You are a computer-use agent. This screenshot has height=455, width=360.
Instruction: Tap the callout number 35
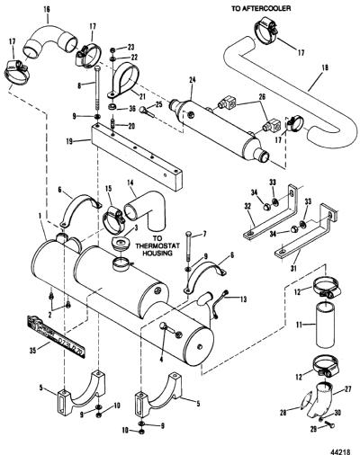tap(33, 350)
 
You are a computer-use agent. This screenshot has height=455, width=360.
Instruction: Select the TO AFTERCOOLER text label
tap(261, 8)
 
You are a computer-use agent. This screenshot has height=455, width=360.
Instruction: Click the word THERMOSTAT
tap(157, 245)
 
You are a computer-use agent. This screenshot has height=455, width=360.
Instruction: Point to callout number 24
tap(193, 80)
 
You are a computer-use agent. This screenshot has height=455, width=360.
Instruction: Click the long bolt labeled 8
tap(99, 93)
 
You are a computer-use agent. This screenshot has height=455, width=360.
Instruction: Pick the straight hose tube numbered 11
tap(327, 325)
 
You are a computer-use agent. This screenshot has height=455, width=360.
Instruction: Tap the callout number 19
tap(69, 141)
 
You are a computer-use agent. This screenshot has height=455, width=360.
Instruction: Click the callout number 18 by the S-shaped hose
tap(325, 67)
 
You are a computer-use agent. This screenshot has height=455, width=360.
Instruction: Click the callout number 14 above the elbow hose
tap(130, 183)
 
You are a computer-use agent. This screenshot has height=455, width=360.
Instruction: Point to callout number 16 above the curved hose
tap(46, 9)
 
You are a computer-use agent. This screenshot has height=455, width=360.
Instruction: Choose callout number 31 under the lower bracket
tap(293, 267)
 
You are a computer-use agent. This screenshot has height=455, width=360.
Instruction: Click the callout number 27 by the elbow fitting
tap(347, 389)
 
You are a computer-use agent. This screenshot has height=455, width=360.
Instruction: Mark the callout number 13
tap(243, 299)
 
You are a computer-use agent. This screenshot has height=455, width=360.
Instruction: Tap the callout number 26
tap(262, 97)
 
